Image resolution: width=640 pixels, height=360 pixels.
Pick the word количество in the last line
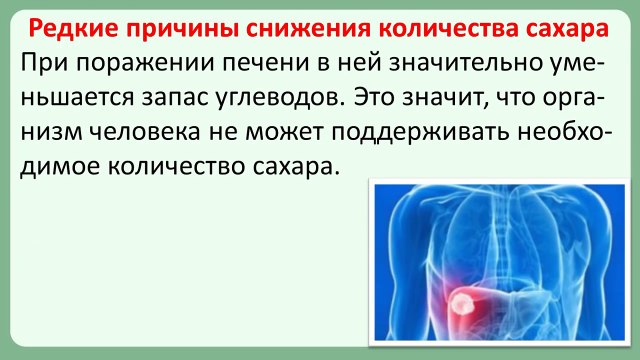tap(186, 166)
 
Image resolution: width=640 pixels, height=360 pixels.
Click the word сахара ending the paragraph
tap(298, 166)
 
